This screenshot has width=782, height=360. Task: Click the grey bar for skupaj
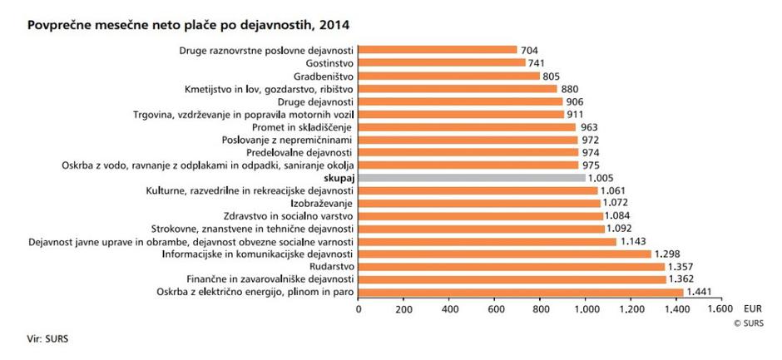(x=473, y=178)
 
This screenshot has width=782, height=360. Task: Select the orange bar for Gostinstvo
(x=442, y=63)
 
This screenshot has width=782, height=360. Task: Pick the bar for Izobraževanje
(x=479, y=203)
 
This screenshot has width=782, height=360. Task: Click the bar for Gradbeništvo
(x=449, y=76)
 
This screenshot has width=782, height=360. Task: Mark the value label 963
(x=590, y=127)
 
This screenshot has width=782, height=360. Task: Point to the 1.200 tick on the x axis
(x=635, y=310)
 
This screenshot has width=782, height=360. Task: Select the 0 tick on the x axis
(x=359, y=310)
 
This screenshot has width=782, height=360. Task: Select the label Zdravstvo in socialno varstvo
(x=290, y=216)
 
